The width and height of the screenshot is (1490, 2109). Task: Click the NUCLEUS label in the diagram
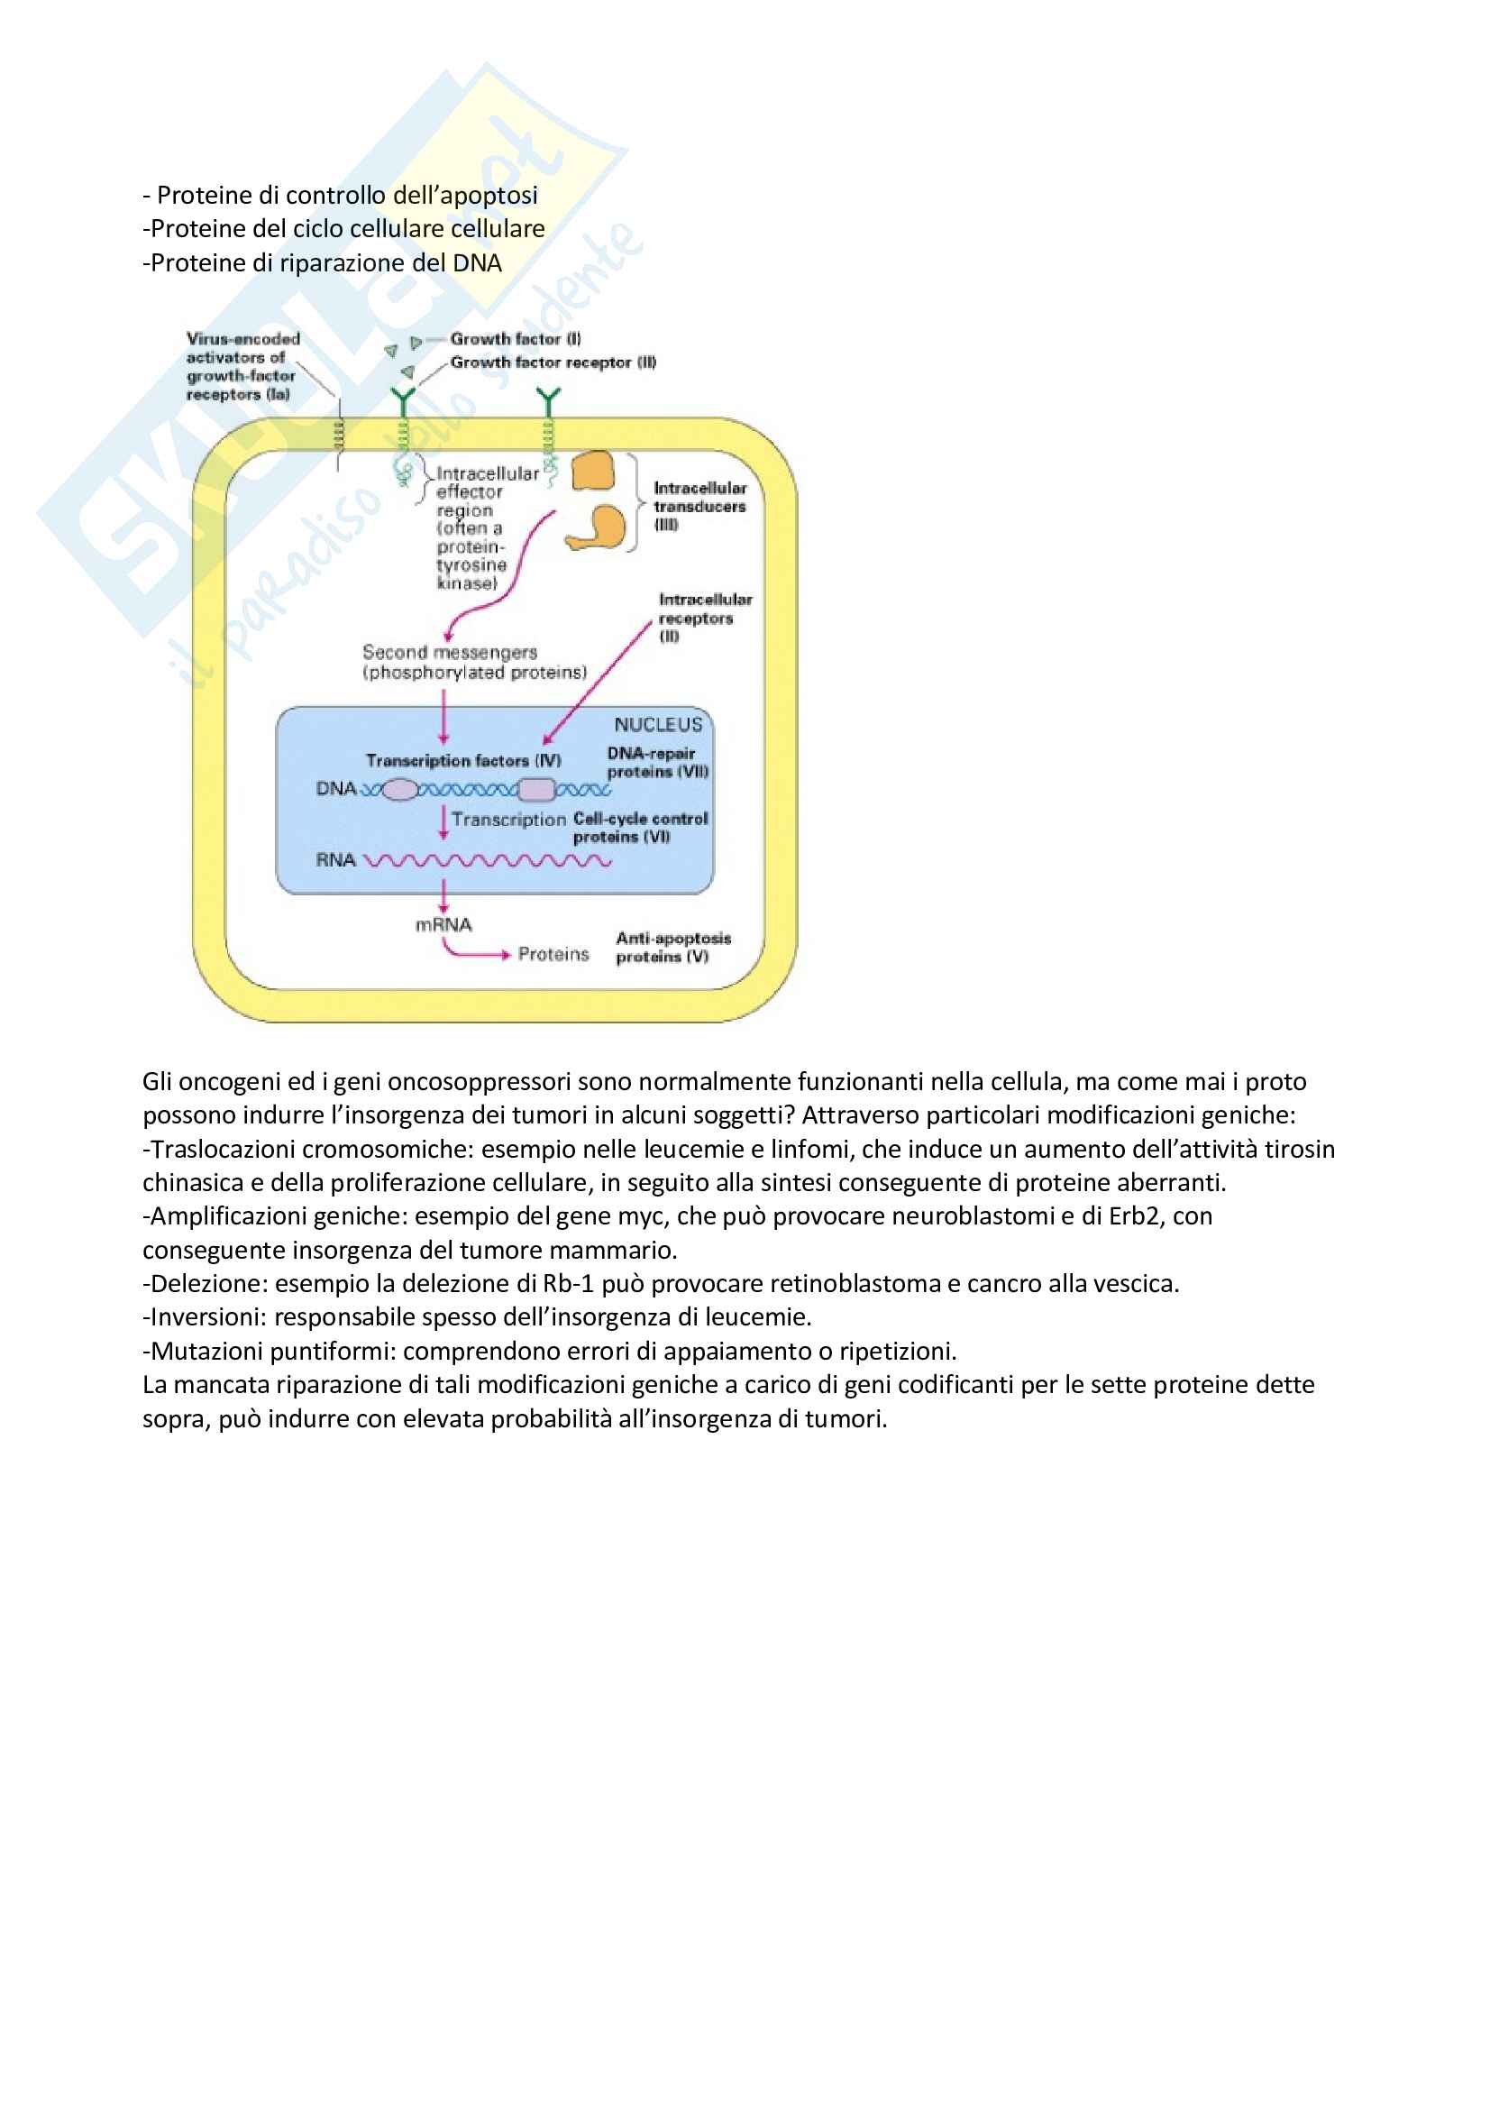point(658,724)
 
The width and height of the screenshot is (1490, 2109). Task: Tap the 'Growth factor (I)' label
point(515,339)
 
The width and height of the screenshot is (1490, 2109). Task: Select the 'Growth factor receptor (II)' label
point(553,362)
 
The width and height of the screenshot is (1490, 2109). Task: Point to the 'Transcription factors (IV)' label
point(462,761)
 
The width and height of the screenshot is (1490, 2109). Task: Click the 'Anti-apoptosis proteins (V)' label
point(673,947)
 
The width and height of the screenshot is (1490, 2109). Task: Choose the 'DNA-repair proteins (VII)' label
point(657,763)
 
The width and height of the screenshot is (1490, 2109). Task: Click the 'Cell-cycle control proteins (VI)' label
point(640,827)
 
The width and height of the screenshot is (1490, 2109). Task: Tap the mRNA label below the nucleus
point(443,925)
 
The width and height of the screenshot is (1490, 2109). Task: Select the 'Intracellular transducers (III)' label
point(699,505)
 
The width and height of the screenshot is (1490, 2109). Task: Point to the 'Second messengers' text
point(450,652)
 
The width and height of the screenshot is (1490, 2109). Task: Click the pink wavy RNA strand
point(487,861)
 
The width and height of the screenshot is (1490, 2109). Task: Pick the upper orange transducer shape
point(593,472)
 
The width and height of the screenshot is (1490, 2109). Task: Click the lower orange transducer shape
point(599,527)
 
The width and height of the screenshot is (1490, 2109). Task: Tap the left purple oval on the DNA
point(399,789)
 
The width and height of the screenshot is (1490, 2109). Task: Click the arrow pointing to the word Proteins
point(478,953)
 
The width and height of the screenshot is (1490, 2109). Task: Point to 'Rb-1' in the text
point(568,1283)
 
